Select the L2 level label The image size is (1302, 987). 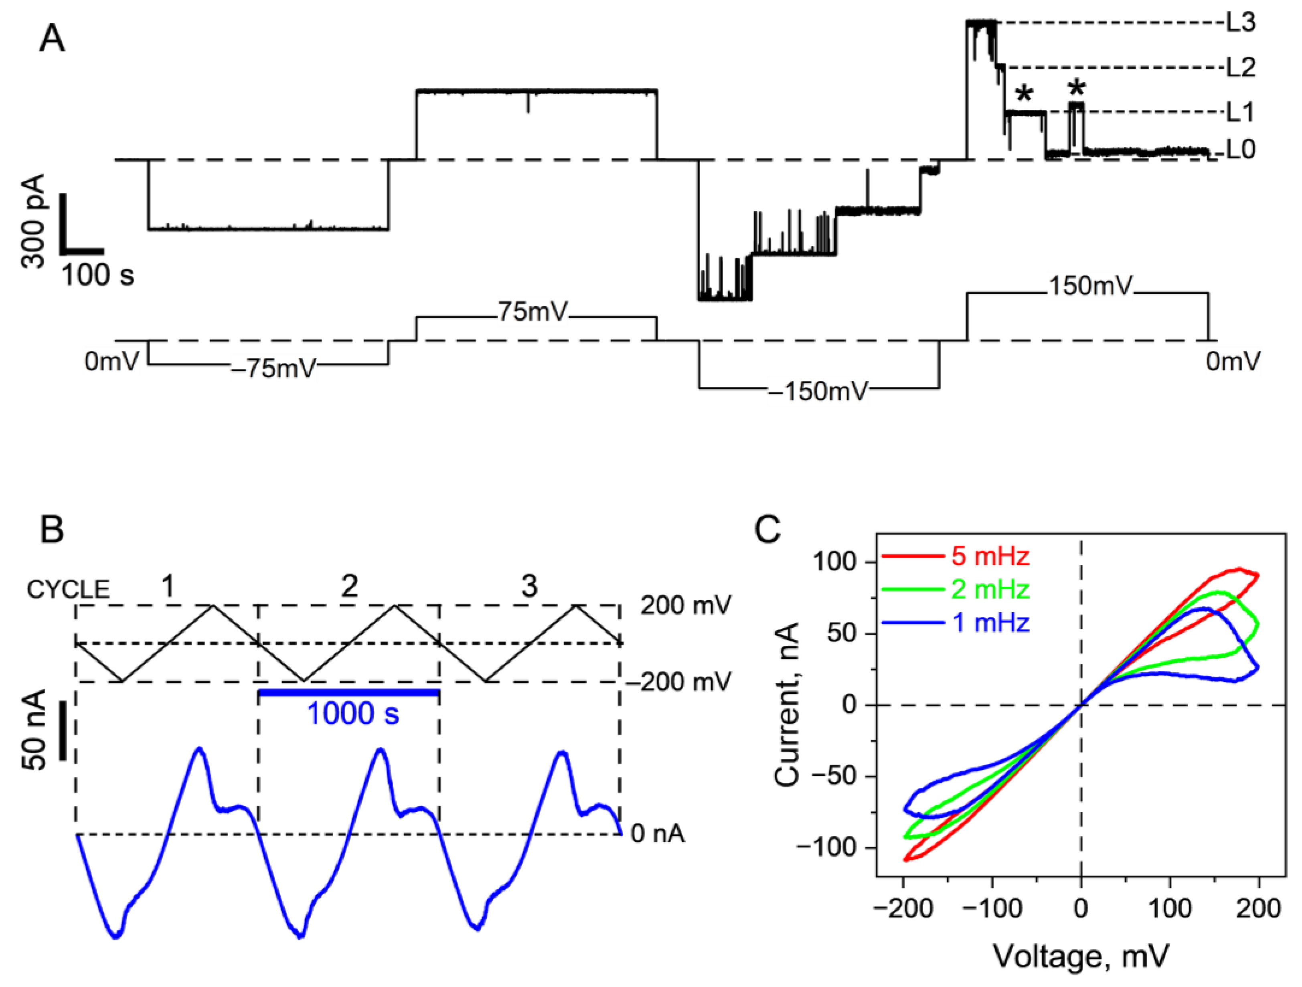tap(1241, 68)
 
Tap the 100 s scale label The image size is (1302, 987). tap(98, 275)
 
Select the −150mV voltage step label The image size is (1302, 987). tap(818, 391)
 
